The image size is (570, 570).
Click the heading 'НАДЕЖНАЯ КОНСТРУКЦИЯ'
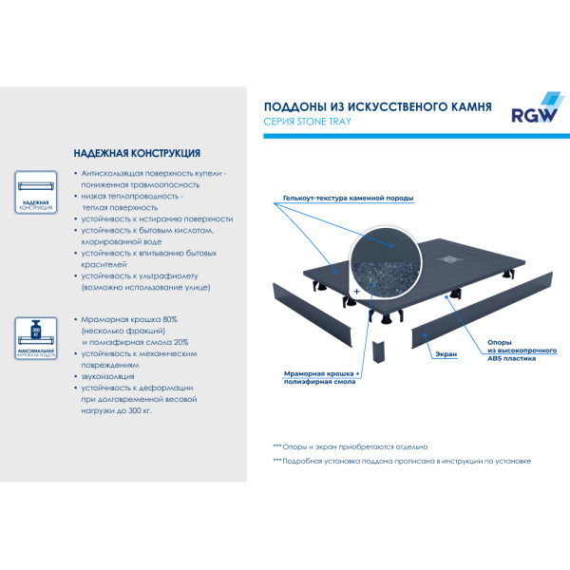point(136,153)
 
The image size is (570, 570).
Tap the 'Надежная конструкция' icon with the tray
point(36,195)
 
